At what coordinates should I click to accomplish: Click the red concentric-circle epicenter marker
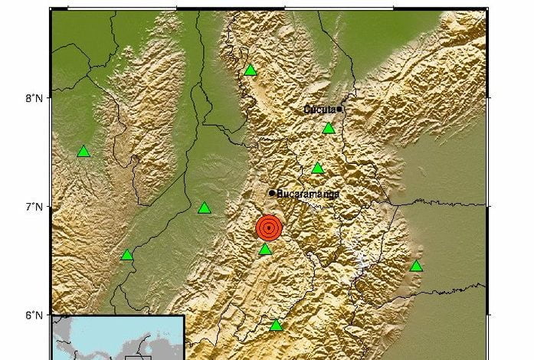coord(268,227)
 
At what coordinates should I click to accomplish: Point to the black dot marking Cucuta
coord(339,110)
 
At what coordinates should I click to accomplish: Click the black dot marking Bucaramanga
coord(272,192)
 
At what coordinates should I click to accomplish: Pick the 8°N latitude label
coord(33,98)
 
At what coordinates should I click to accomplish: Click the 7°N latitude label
coord(33,207)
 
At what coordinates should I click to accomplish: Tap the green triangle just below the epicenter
coord(265,250)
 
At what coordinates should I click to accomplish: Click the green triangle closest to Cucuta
coord(329,128)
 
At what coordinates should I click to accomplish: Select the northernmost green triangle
coord(251,71)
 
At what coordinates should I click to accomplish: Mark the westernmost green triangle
coord(84,152)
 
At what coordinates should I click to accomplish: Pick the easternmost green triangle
coord(416,267)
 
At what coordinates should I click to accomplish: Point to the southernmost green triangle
coord(277,326)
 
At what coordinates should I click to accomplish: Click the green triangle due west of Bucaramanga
coord(204,208)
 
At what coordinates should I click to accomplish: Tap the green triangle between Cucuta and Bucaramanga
coord(318,169)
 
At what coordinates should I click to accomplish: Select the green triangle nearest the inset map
coord(127,255)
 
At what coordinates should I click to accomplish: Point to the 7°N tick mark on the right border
coord(486,206)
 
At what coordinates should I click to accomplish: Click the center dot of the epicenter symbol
coord(268,227)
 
